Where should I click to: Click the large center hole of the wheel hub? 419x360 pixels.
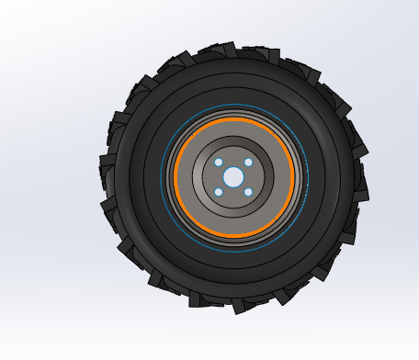(x=233, y=176)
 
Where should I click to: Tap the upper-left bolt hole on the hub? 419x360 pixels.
(x=219, y=163)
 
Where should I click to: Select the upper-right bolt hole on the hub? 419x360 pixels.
(x=248, y=163)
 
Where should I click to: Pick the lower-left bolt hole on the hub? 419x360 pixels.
(x=219, y=191)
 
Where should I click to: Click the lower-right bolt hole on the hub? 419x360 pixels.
(x=248, y=191)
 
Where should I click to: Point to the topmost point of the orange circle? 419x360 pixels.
(x=233, y=118)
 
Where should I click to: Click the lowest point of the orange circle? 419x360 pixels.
(x=233, y=236)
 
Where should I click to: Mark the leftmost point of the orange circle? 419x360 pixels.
(x=175, y=177)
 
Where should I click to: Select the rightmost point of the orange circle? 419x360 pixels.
(x=293, y=177)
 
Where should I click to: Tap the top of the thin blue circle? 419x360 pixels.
(x=235, y=105)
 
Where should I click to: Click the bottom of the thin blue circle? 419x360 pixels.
(x=235, y=251)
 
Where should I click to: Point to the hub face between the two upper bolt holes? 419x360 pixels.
(x=233, y=159)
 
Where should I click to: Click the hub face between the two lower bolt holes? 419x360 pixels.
(x=233, y=195)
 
